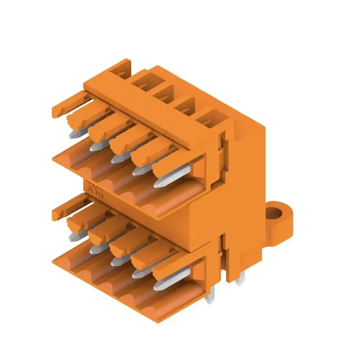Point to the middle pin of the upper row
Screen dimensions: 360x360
118,157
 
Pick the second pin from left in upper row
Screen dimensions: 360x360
95,146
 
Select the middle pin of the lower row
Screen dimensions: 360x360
118,260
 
